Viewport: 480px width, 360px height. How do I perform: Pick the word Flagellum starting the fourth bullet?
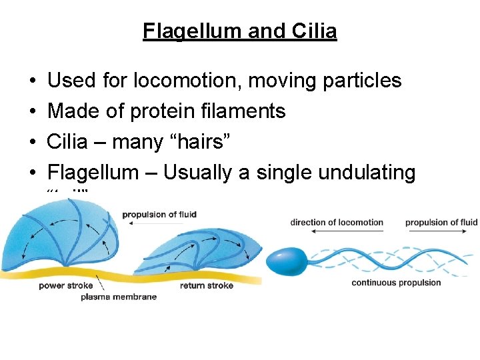[93, 173]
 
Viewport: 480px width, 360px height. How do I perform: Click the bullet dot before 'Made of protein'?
[33, 111]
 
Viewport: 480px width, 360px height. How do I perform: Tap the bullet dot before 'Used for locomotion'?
[33, 81]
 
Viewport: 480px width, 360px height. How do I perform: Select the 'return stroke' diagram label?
[207, 286]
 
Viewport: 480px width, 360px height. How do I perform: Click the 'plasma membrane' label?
[119, 297]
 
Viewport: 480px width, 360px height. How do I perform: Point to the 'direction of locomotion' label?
[337, 222]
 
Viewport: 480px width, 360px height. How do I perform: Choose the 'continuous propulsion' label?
[396, 283]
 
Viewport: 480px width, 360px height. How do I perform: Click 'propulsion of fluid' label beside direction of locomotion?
[441, 222]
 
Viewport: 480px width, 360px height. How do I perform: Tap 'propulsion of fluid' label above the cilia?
[159, 214]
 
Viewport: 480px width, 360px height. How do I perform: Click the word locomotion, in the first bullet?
[185, 81]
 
